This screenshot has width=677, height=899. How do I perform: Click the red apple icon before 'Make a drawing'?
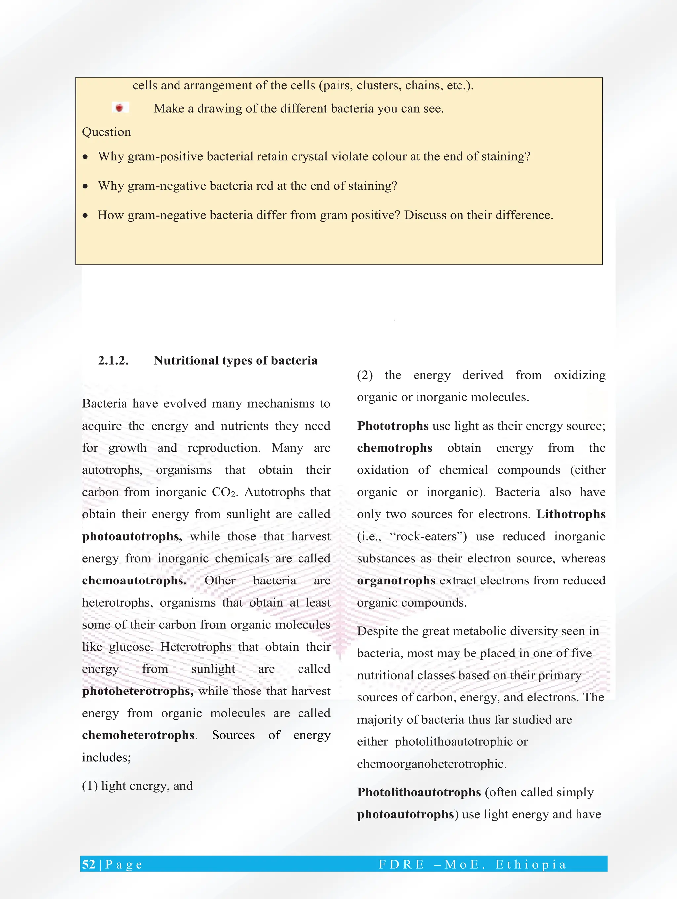pyautogui.click(x=120, y=108)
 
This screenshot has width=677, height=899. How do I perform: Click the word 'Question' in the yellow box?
pyautogui.click(x=106, y=132)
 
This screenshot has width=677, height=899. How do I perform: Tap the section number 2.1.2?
pyautogui.click(x=113, y=360)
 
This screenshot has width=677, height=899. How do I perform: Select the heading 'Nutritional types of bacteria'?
pyautogui.click(x=235, y=360)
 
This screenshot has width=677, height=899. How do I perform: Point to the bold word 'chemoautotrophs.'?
pyautogui.click(x=134, y=581)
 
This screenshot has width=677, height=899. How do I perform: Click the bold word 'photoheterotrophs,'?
pyautogui.click(x=138, y=691)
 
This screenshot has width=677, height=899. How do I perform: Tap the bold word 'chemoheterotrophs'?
pyautogui.click(x=138, y=735)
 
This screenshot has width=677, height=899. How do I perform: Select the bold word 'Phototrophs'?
pyautogui.click(x=393, y=426)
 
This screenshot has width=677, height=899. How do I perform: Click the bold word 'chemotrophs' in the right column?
pyautogui.click(x=394, y=448)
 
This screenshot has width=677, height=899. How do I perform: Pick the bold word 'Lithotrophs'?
pyautogui.click(x=571, y=514)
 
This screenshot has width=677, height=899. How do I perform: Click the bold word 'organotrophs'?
pyautogui.click(x=396, y=581)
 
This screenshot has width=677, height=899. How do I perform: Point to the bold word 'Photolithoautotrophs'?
pyautogui.click(x=419, y=792)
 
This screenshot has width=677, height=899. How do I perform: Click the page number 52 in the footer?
pyautogui.click(x=89, y=864)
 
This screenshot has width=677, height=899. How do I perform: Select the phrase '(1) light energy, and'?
pyautogui.click(x=138, y=786)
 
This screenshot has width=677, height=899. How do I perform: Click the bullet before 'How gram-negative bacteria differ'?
pyautogui.click(x=85, y=216)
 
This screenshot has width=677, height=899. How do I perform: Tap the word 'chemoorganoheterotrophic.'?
pyautogui.click(x=432, y=764)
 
